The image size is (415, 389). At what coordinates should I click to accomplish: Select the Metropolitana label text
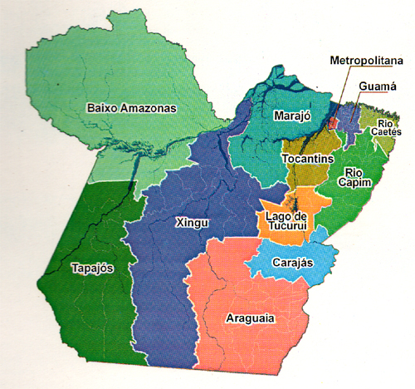point(366,61)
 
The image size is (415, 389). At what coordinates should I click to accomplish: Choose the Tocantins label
point(306,158)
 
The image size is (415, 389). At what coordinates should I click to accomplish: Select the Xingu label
point(193,222)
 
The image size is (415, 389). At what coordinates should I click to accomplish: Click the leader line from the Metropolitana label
point(341,91)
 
